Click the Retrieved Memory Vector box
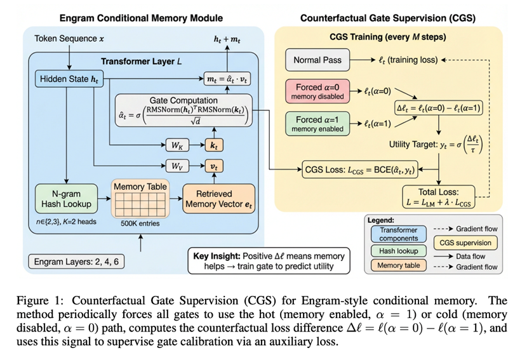point(218,198)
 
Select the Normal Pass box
point(317,60)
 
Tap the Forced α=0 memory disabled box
point(317,91)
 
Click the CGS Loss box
point(359,170)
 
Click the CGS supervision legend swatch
point(465,242)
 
